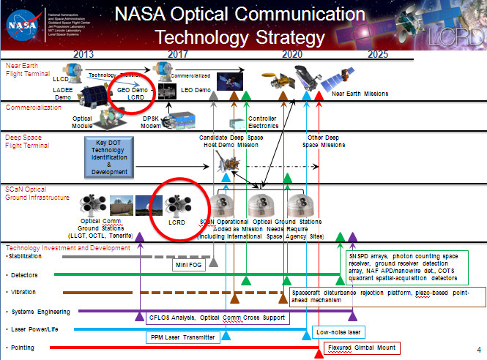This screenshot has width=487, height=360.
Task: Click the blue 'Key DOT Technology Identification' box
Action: click(110, 157)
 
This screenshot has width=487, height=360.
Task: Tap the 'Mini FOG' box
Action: click(187, 266)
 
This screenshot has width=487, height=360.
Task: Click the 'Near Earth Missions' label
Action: click(360, 94)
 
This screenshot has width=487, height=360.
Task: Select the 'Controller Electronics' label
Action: click(262, 121)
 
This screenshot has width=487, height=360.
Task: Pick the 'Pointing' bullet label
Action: click(23, 348)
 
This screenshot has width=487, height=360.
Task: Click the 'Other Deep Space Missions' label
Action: click(324, 141)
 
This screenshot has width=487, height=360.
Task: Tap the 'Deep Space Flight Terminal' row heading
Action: click(27, 141)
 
